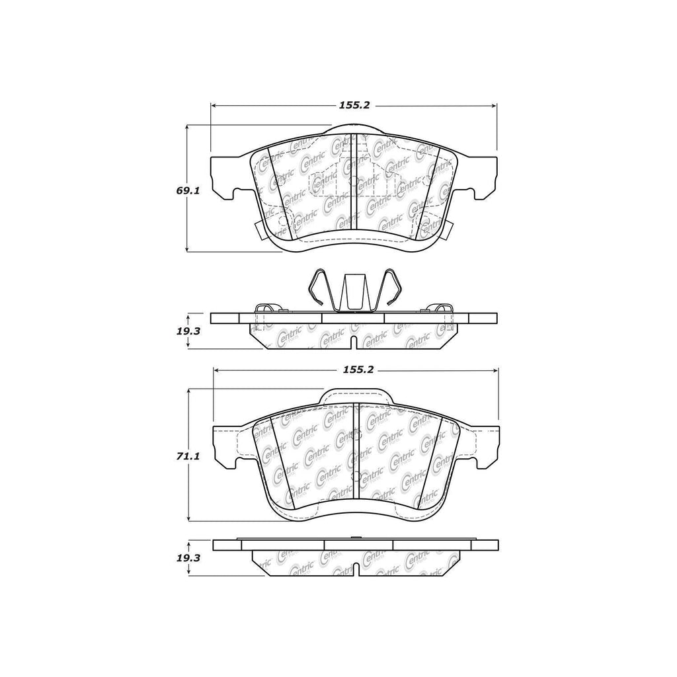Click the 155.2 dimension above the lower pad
click(358, 370)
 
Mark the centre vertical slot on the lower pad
click(355, 450)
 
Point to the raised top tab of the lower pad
click(356, 395)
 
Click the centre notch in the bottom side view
click(355, 567)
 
